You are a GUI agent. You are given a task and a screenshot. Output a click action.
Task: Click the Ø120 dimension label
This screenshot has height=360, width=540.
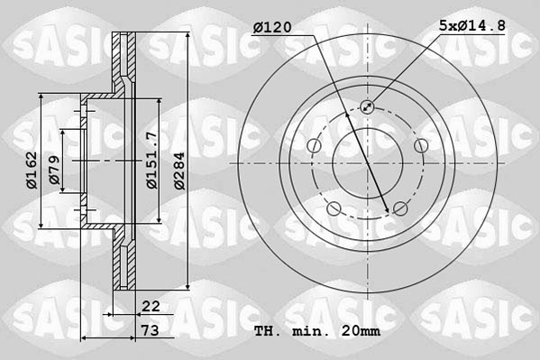pyautogui.click(x=272, y=28)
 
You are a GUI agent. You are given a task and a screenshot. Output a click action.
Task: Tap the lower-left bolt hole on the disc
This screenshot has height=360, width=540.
pyautogui.click(x=334, y=209)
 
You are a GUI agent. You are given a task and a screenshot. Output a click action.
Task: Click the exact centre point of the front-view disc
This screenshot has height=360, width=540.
pyautogui.click(x=367, y=163)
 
